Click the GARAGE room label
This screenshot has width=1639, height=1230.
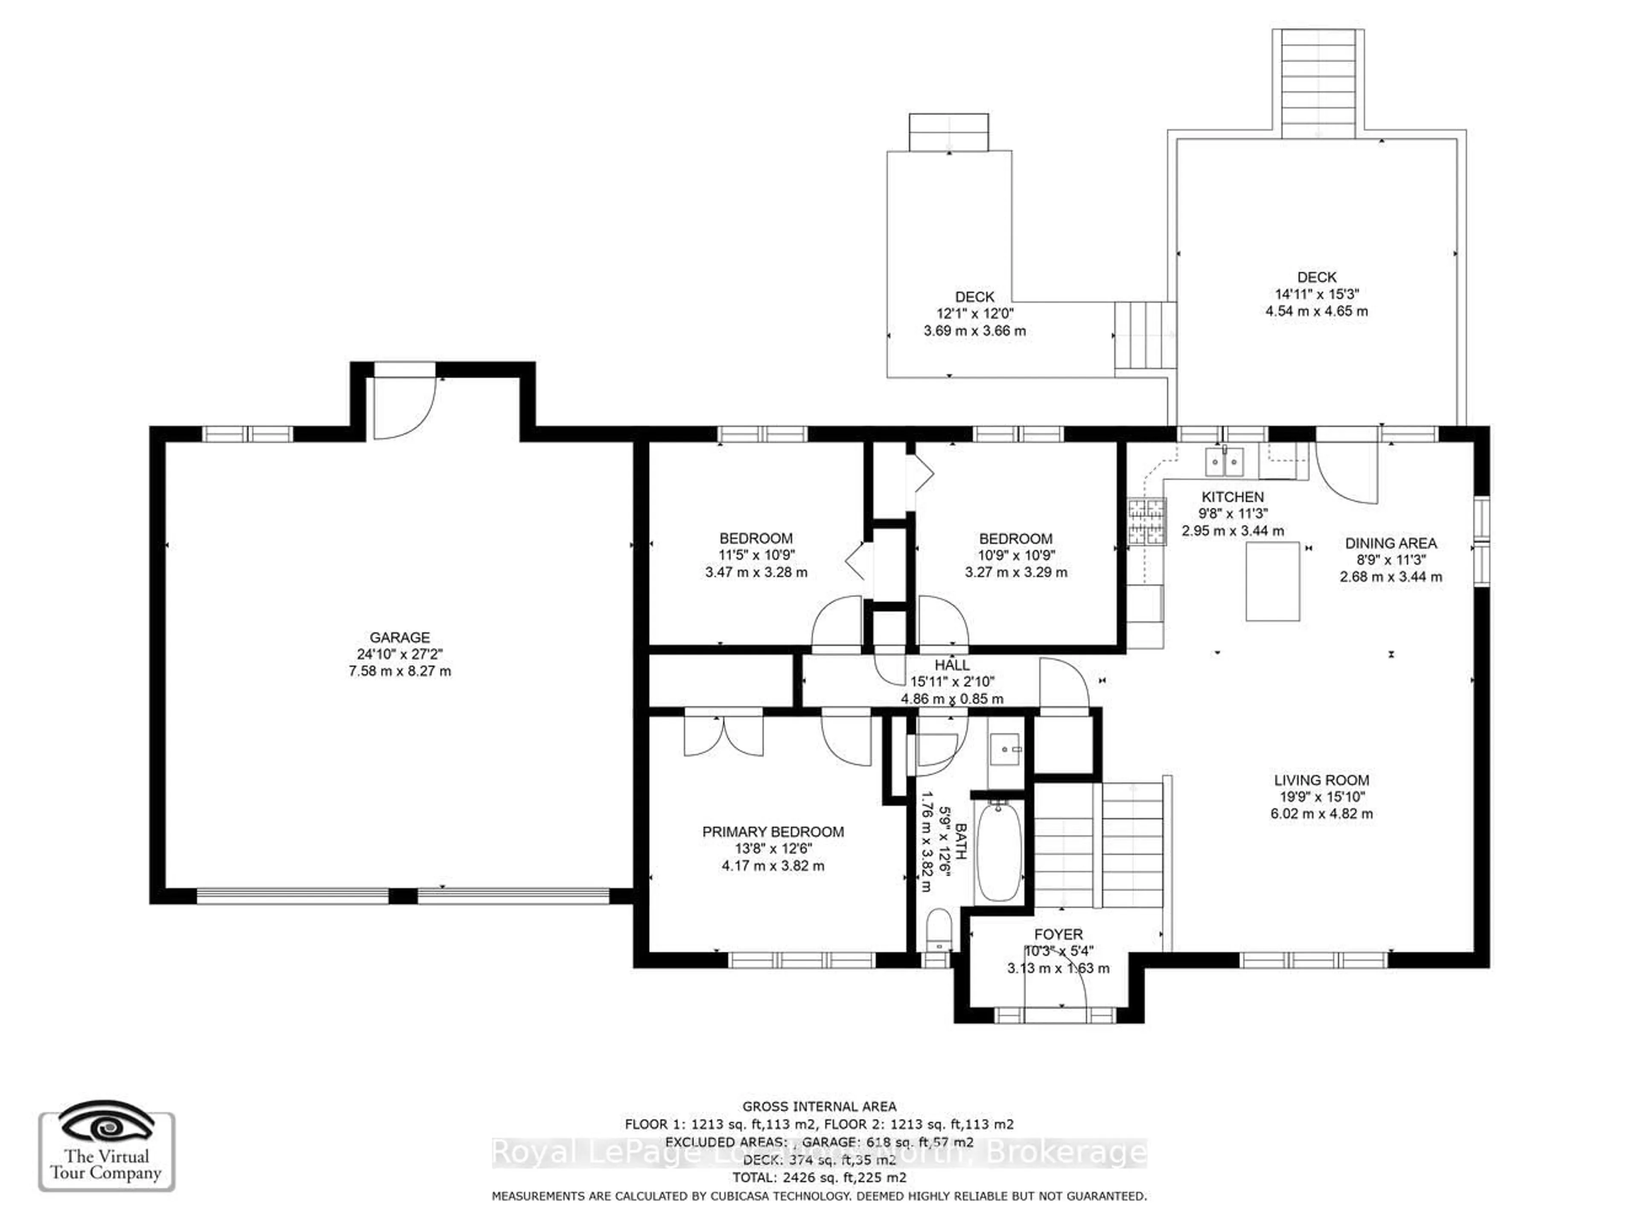tap(400, 637)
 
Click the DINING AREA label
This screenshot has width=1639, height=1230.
tap(1390, 543)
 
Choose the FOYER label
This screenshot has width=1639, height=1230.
tap(1058, 935)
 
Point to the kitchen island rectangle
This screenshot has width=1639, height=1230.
tap(1272, 581)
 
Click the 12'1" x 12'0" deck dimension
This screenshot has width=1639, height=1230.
tap(974, 314)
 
